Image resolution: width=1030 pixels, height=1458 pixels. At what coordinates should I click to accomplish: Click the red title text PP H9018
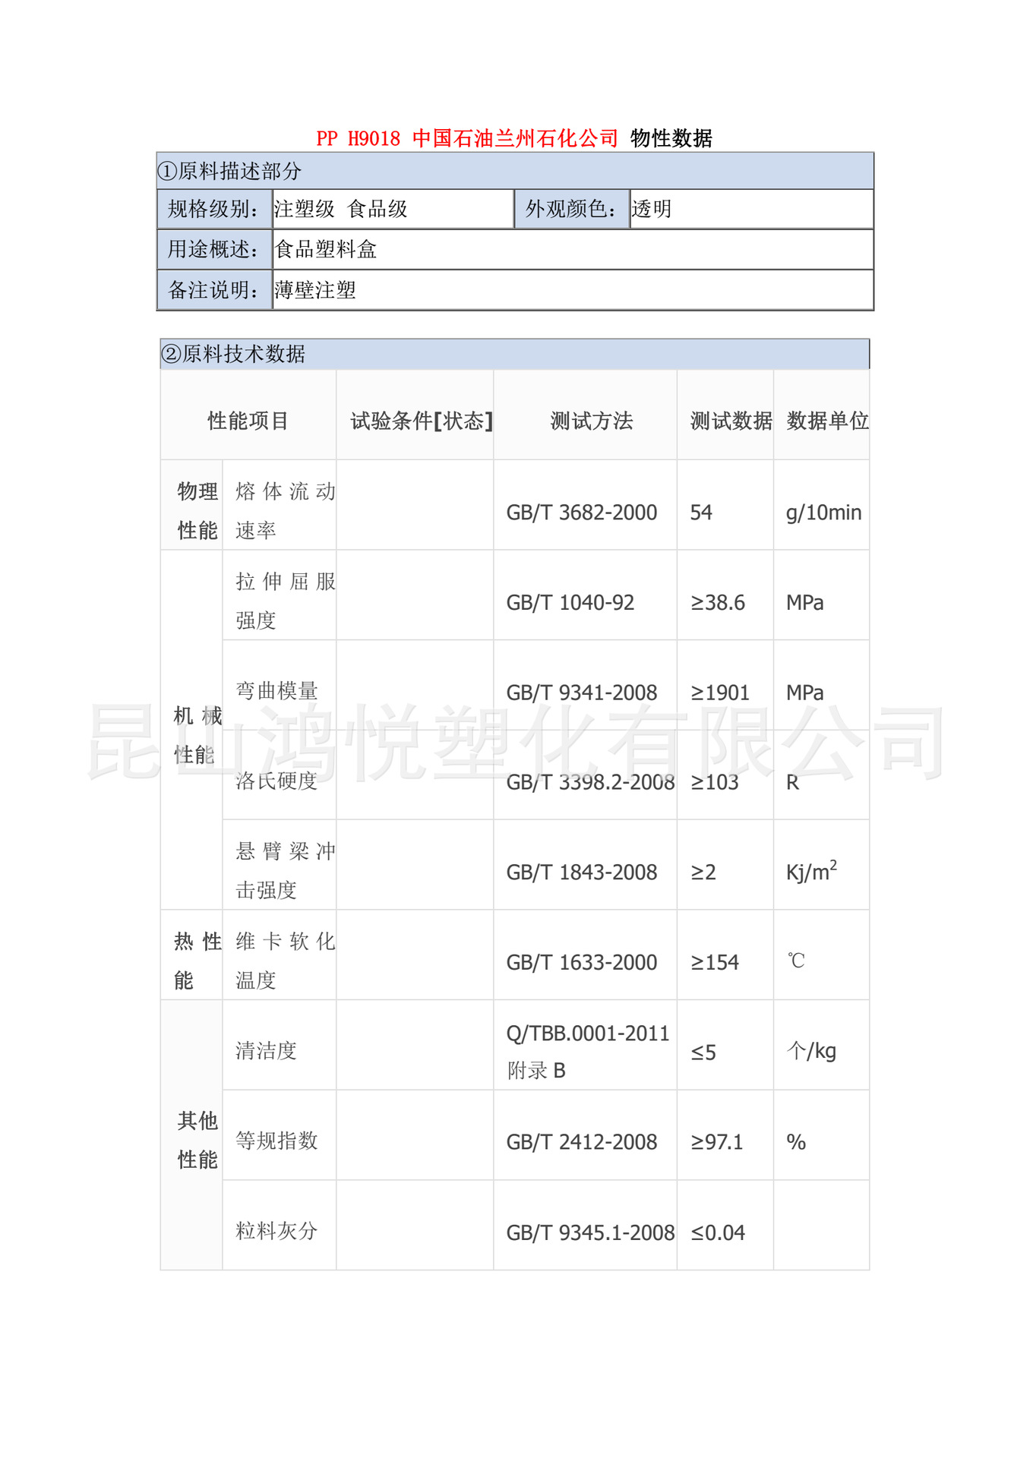click(358, 138)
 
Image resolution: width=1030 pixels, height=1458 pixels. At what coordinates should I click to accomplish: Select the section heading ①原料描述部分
click(229, 171)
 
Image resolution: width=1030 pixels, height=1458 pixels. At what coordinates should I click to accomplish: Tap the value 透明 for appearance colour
click(652, 209)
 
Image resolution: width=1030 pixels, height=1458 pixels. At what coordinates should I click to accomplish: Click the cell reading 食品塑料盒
click(326, 249)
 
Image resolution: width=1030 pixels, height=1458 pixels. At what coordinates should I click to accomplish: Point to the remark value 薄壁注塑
click(315, 290)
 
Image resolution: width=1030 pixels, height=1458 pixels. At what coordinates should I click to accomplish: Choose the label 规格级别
click(213, 209)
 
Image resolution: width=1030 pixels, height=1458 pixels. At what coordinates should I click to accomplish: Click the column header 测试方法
click(591, 421)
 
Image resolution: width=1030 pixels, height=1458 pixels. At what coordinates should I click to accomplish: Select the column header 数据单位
click(827, 421)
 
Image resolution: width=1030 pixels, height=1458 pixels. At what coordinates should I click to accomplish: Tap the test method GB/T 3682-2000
click(581, 513)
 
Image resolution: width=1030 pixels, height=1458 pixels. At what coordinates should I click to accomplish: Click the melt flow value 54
click(701, 513)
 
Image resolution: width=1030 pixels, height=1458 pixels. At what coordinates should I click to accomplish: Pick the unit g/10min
click(823, 513)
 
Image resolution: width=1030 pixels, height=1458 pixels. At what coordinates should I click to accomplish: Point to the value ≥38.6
click(718, 603)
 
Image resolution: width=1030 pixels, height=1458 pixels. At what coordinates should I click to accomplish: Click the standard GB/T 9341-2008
click(581, 693)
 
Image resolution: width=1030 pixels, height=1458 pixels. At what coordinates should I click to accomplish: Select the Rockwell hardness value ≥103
click(715, 782)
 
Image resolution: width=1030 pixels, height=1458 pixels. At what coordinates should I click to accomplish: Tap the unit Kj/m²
click(811, 872)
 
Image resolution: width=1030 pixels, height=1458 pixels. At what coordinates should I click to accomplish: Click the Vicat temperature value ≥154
click(715, 962)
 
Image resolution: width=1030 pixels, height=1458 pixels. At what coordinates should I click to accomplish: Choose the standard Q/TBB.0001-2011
click(587, 1034)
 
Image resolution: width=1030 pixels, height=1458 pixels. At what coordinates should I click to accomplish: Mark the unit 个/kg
click(811, 1051)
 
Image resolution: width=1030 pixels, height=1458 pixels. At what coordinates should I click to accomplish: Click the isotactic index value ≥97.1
click(717, 1142)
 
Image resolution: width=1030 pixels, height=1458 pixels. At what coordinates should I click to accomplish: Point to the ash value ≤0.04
click(718, 1232)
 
